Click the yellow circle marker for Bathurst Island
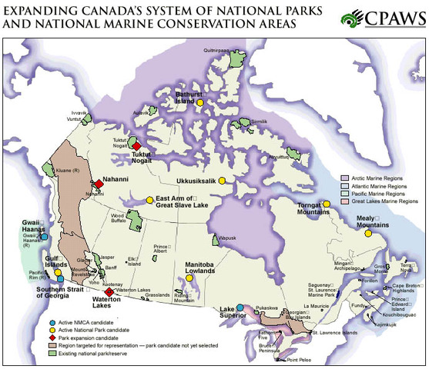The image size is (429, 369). point(199,102)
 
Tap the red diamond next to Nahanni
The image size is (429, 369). point(99,183)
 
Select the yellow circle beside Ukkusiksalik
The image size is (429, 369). point(221,181)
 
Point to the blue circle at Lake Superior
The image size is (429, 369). point(240,307)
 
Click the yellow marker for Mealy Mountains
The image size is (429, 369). point(368,233)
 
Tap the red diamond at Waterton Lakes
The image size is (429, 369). point(109,291)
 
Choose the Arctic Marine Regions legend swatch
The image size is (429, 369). point(347,178)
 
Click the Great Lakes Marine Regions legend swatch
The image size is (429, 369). point(347,204)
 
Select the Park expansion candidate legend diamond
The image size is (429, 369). point(52,336)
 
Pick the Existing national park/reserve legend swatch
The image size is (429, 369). point(52,355)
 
